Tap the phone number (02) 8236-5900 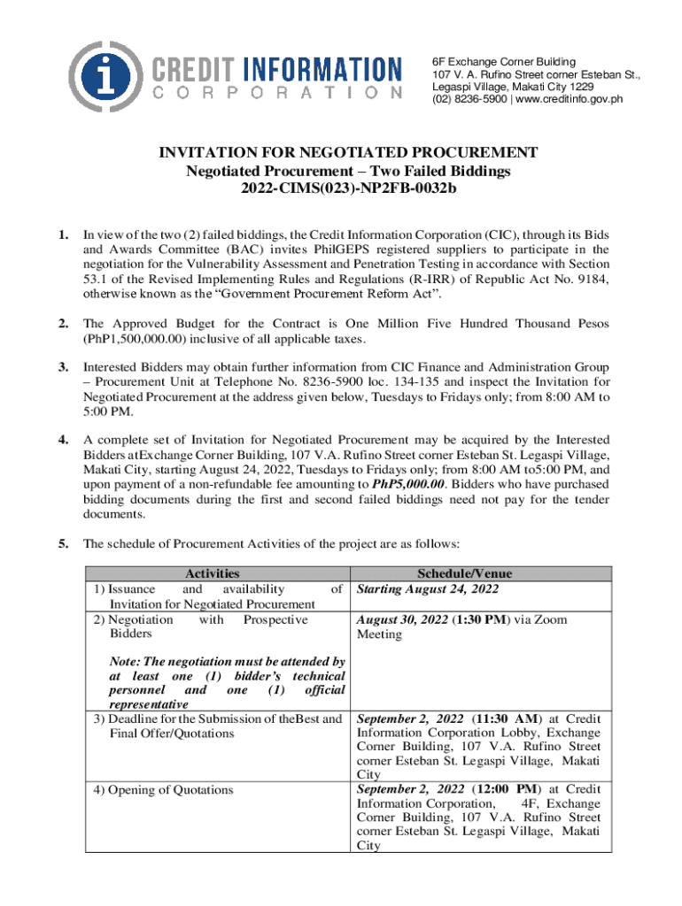point(463,99)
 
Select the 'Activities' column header point(212,574)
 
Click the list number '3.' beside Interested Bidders point(63,366)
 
